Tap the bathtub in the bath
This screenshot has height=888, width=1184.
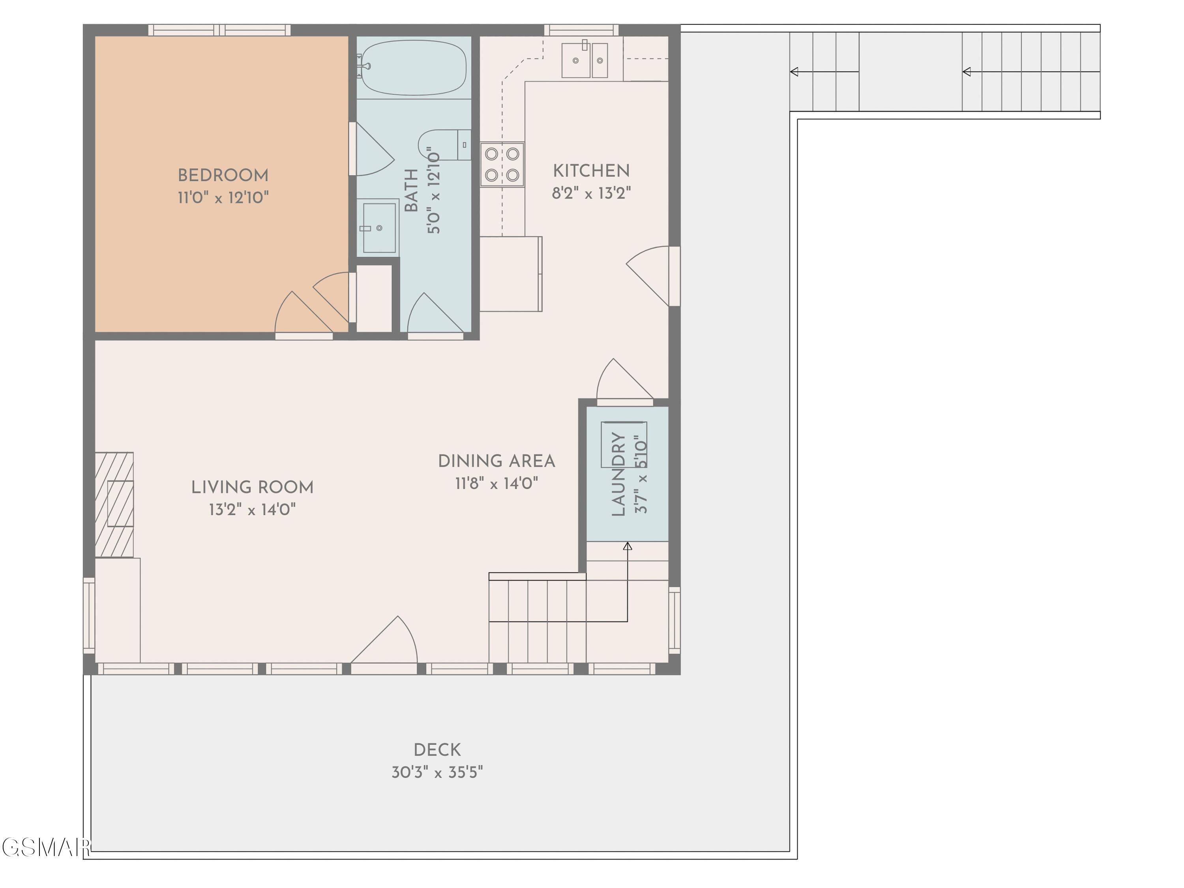(414, 68)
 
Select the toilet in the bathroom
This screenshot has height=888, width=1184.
(444, 144)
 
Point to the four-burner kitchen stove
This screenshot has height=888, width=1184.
(502, 164)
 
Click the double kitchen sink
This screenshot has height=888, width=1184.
(585, 60)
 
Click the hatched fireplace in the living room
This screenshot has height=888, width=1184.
(114, 505)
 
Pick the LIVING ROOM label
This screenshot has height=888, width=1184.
(252, 487)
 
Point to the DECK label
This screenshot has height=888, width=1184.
(437, 749)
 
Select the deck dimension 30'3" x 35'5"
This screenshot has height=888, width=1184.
(437, 772)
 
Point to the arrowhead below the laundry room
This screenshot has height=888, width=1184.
(628, 546)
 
